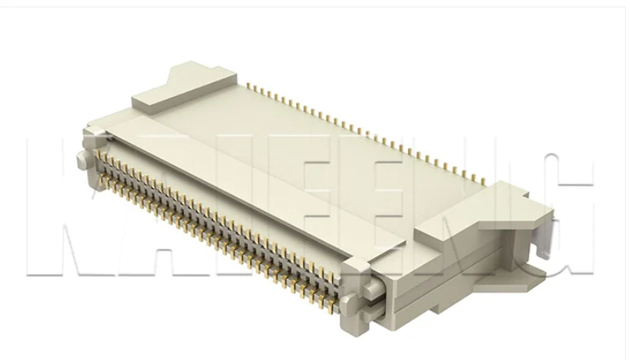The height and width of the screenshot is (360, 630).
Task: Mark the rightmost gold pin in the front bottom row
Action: [x=334, y=308]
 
